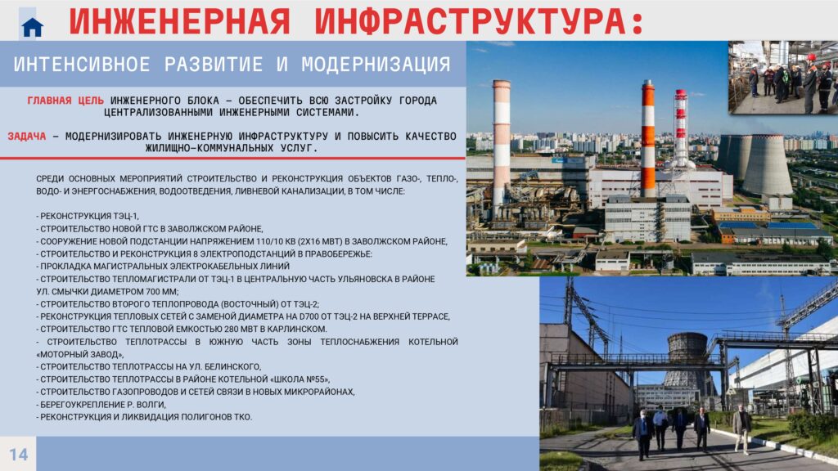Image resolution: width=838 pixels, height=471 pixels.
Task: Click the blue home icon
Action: [x=32, y=27]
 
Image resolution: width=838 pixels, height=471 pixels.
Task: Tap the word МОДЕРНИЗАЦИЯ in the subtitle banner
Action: [x=376, y=65]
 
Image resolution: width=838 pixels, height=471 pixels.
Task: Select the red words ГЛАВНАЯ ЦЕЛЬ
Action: [x=65, y=101]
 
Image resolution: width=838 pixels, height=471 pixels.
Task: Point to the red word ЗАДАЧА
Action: [x=27, y=137]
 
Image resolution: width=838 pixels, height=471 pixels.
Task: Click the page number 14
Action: [x=18, y=455]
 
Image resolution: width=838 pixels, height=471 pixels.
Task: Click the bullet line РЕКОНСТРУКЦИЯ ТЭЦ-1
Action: [x=88, y=216]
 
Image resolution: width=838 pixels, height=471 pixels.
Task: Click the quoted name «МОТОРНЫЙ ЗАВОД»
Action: [x=80, y=355]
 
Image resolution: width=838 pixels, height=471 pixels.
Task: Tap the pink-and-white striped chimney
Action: [x=502, y=144]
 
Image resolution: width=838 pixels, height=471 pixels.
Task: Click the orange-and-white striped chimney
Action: [x=648, y=139]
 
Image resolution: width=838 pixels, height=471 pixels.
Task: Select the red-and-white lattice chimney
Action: [x=680, y=128]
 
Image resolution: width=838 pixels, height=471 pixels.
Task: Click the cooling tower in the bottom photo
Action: [x=688, y=363]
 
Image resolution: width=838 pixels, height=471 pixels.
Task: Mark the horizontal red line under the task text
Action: [x=232, y=158]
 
